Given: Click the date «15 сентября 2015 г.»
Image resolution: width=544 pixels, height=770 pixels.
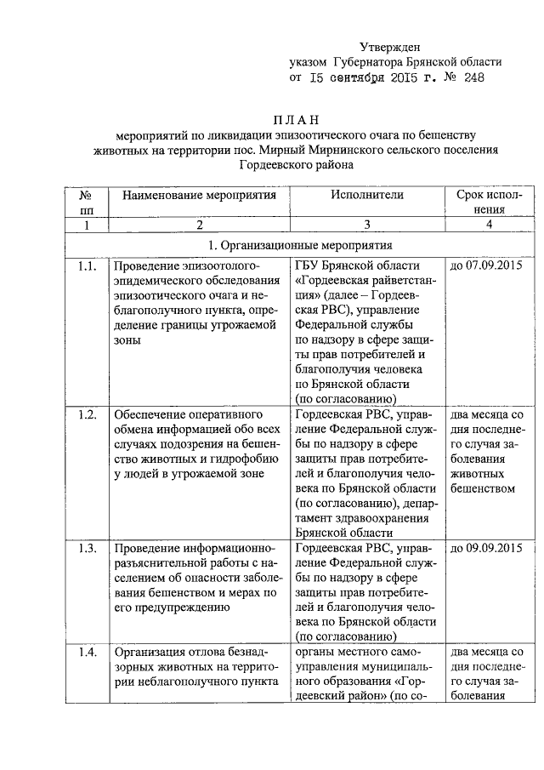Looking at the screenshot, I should tap(367, 77).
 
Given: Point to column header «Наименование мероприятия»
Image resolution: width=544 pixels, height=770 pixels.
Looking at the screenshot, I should tap(200, 196).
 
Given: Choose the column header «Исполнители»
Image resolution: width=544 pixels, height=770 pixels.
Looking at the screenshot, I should tap(367, 196).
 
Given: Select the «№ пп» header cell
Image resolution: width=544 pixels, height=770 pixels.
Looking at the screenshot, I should tap(86, 202).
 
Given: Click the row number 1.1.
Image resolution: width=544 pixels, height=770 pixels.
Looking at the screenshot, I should tap(86, 266).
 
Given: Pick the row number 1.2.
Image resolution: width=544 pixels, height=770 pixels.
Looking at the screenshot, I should tap(86, 414).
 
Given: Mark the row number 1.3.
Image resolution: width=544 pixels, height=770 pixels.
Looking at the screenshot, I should tap(86, 547).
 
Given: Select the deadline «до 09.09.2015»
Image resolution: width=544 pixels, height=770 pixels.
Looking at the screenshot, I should tap(486, 547).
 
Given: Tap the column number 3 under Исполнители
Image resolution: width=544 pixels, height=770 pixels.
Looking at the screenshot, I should tap(367, 225).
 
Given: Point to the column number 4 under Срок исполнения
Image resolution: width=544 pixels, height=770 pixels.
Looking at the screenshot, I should tap(488, 225).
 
